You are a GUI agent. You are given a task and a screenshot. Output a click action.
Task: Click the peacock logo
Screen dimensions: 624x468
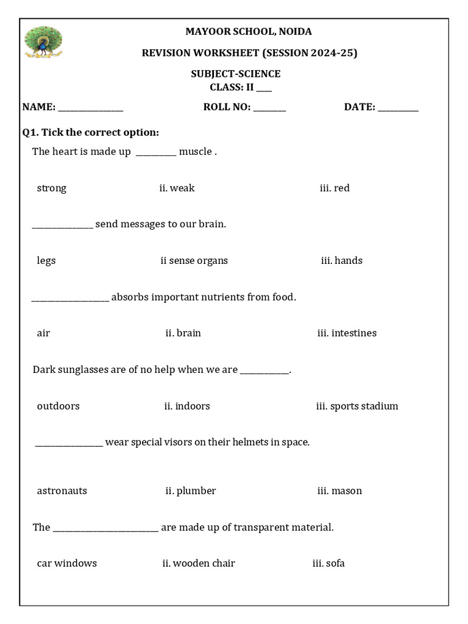coord(43,42)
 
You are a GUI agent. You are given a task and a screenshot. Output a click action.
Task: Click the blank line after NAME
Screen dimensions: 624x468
coord(91,109)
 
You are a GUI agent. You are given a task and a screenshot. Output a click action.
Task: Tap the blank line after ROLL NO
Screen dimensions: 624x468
coord(269,109)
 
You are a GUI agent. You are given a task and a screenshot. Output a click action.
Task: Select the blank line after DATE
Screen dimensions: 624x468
coord(398,109)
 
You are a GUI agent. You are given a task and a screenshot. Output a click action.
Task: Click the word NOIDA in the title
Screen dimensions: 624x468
coord(296,32)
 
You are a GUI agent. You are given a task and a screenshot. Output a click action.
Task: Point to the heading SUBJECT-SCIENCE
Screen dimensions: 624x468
coord(236,74)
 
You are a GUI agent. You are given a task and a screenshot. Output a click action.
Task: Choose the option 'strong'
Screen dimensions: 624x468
coord(52,188)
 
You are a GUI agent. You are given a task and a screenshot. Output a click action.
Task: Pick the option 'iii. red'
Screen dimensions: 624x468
coord(335,188)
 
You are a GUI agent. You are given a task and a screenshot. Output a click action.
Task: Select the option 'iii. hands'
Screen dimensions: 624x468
coord(341,261)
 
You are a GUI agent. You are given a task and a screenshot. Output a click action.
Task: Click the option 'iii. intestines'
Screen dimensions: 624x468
coord(347,333)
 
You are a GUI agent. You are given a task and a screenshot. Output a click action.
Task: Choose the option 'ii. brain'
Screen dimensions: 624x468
coord(183,333)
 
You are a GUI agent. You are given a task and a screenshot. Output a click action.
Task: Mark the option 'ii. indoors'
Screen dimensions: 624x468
coord(186,406)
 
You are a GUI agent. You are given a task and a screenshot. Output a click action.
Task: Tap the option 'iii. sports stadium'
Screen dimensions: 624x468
coord(356,406)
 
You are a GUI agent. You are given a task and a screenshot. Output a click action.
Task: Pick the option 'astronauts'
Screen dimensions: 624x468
coord(62,491)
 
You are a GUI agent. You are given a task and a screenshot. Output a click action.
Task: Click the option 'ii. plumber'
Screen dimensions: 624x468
coord(190,491)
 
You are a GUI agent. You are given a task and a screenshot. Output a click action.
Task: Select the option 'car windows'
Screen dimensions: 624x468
coord(66,564)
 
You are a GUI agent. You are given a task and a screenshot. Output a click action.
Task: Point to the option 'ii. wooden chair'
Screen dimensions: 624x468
coord(198,564)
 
